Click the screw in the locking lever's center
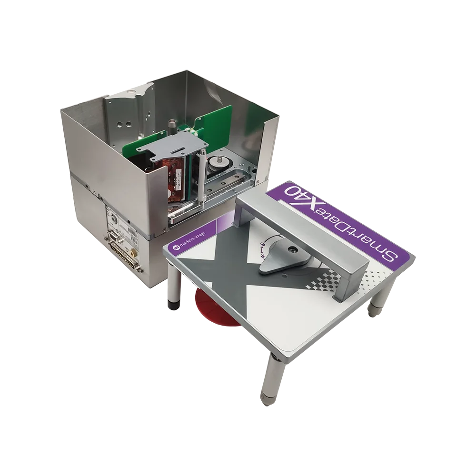pos(291,249)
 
